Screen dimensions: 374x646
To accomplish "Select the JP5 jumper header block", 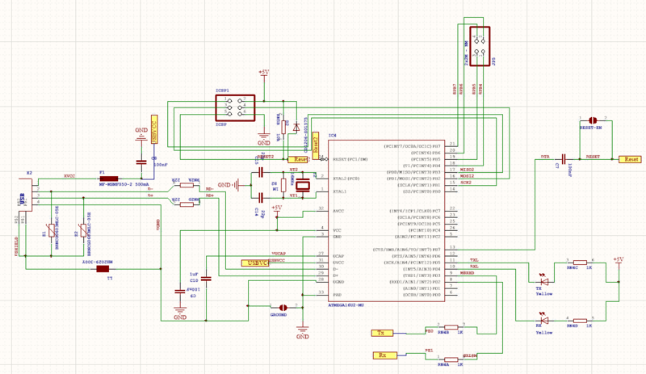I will (479, 45).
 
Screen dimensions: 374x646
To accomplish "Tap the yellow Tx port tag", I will (381, 333).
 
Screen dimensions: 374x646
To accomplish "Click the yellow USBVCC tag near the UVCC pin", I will (258, 263).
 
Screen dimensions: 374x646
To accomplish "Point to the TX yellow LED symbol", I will (543, 280).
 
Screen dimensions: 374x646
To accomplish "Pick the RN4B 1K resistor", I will (443, 327).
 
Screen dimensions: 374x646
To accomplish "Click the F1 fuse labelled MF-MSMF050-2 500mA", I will (109, 179).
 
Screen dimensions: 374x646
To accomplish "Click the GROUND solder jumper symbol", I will (283, 308).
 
